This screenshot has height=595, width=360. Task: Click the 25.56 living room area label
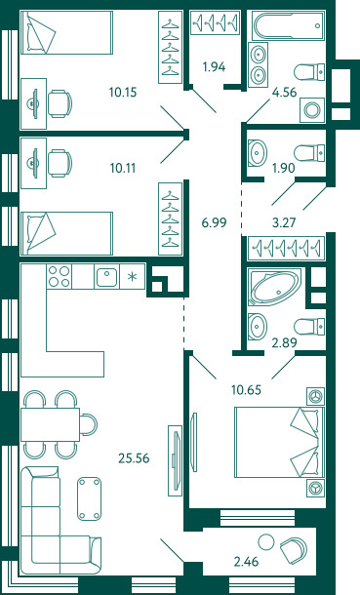coord(134,458)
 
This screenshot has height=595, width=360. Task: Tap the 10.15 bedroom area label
coord(123,93)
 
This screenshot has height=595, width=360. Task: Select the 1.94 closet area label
coord(214,66)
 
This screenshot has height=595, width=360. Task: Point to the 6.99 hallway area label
coord(214,222)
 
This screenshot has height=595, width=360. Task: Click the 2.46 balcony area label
coord(246,561)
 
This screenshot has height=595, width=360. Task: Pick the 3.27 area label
coord(284,222)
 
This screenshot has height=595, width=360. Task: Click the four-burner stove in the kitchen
coord(59,276)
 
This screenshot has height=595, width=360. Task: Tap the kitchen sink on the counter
coord(106,277)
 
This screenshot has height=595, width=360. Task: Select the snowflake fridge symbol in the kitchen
coord(132,277)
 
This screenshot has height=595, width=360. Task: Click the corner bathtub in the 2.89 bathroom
coord(275,288)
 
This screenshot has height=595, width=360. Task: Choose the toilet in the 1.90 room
coord(309,152)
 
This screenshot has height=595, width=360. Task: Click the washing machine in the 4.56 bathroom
coord(312,110)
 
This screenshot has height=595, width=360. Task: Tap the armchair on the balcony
coord(294,549)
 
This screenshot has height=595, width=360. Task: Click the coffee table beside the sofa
coord(89,498)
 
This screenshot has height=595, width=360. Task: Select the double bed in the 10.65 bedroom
coord(279,442)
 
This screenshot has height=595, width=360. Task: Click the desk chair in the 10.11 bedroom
coord(60,163)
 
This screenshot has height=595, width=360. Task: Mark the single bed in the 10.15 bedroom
coord(66,32)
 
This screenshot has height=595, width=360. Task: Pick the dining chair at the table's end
coord(89,424)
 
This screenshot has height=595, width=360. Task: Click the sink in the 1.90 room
coord(258,153)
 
